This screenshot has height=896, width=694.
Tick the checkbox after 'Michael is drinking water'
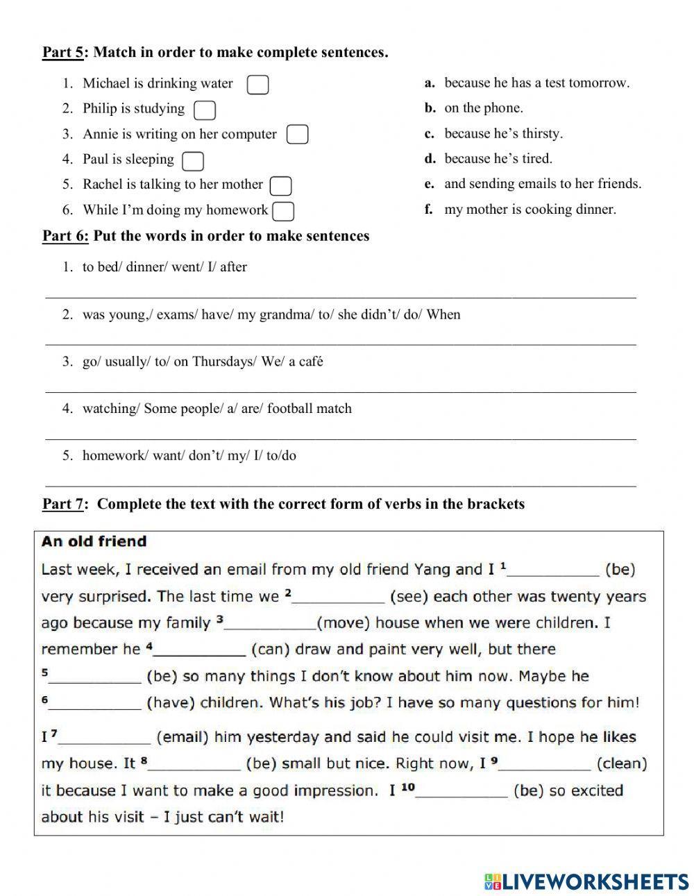click(258, 85)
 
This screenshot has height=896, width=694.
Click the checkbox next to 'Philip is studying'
click(205, 110)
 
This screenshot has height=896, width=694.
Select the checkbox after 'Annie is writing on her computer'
click(297, 135)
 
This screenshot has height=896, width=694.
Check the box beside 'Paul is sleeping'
click(192, 161)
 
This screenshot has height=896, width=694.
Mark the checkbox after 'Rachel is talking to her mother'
click(280, 186)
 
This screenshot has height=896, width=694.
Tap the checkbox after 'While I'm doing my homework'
click(283, 211)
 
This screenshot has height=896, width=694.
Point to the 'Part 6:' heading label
click(66, 236)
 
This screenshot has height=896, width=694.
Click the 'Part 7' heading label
click(62, 504)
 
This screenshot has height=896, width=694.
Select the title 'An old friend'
click(94, 541)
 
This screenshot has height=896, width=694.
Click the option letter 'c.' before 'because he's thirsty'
click(430, 134)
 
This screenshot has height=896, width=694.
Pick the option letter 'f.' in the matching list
click(429, 210)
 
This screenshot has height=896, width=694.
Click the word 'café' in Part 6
click(311, 362)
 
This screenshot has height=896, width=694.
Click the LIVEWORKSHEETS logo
click(586, 881)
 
